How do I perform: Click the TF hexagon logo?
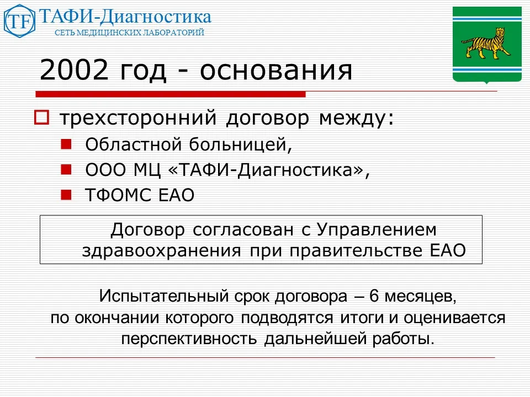coord(19,21)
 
